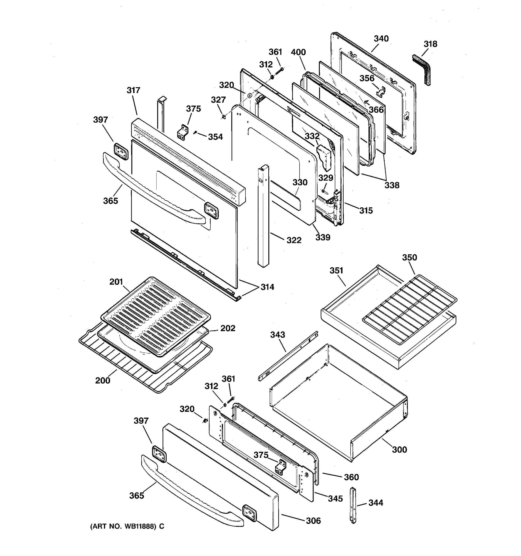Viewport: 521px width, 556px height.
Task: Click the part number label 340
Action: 381,39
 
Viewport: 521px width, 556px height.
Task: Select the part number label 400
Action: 298,52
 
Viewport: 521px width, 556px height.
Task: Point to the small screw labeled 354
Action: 196,132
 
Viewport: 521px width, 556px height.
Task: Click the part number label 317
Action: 133,90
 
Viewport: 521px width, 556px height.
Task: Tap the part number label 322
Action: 294,240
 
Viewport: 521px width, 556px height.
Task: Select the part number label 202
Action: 228,328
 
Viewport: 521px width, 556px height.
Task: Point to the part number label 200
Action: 103,381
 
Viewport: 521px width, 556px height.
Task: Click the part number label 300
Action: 399,450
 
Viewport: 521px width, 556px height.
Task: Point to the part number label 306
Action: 313,521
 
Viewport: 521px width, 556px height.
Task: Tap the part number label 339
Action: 323,237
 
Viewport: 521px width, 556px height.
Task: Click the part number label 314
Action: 267,287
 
